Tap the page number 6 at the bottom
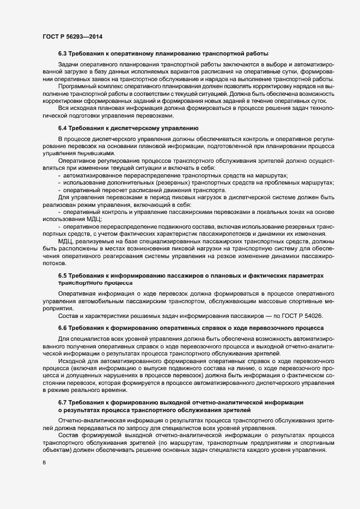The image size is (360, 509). point(44,463)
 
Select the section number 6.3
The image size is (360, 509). point(62,54)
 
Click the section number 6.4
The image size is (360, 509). point(62,128)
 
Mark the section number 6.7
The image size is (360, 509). point(62,401)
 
